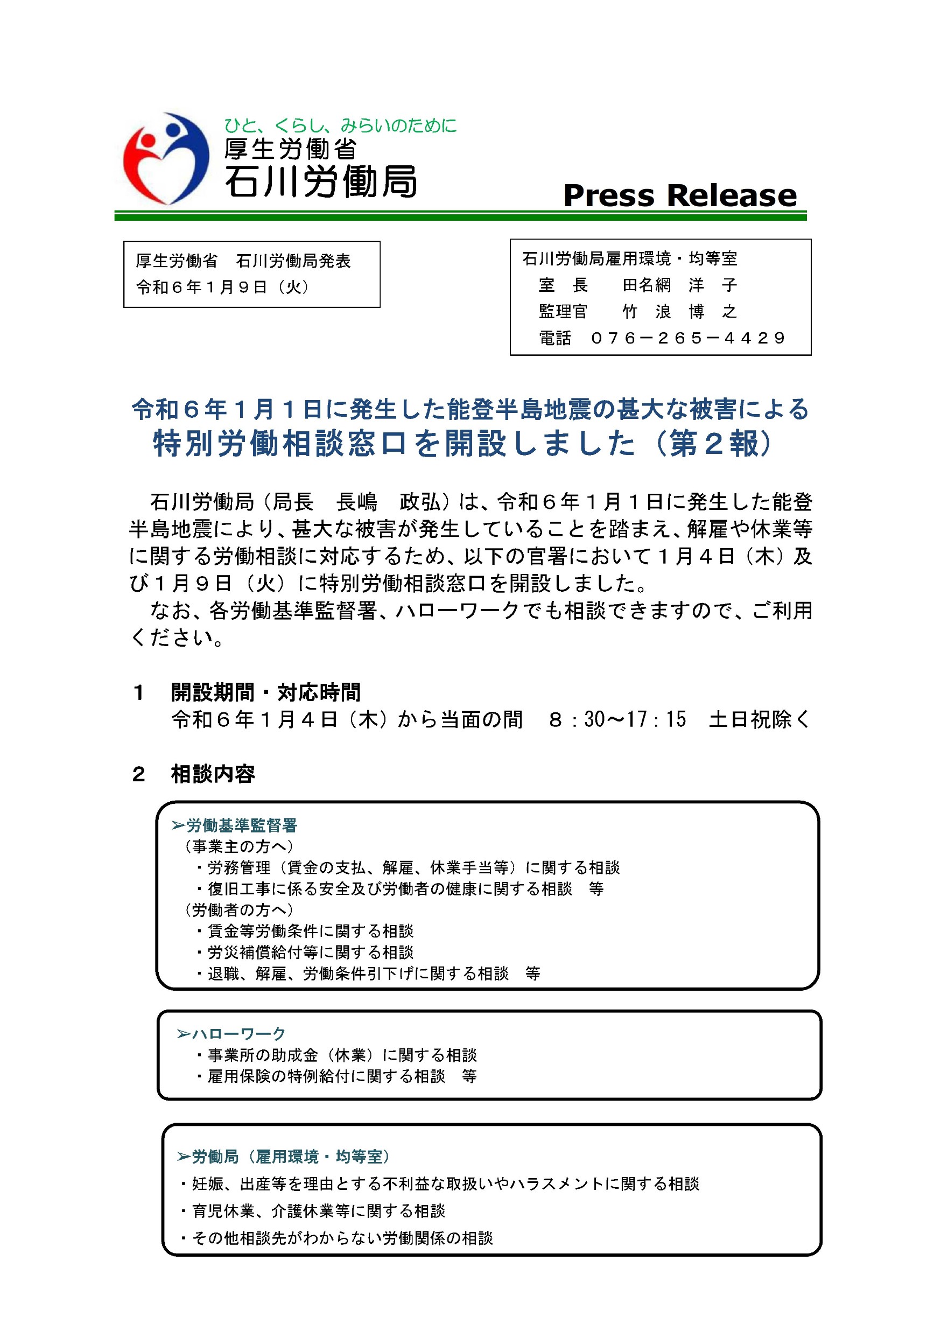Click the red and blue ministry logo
166,158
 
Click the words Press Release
680,195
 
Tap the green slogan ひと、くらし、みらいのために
340,125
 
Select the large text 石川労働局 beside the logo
320,182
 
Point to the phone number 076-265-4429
688,338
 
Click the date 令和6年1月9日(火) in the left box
223,287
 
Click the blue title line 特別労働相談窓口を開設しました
394,444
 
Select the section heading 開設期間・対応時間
266,692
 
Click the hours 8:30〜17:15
617,719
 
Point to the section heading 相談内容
213,774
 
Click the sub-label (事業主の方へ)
238,846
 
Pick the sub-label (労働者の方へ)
238,909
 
